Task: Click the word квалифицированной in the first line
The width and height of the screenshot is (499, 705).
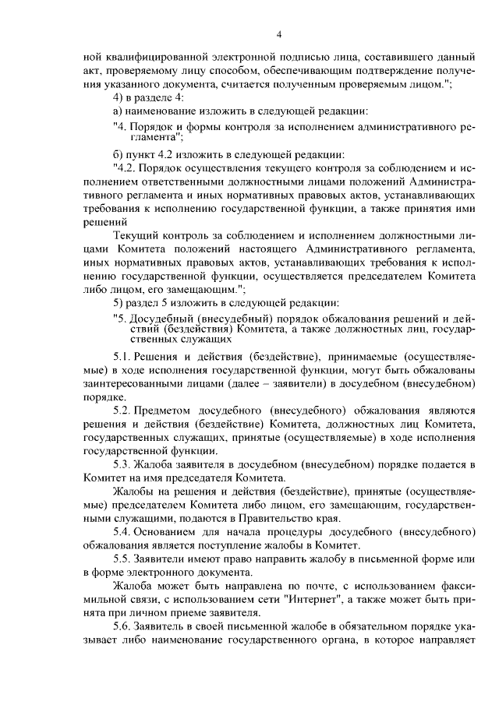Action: (148, 58)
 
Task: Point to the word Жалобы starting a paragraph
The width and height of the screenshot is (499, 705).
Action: (133, 491)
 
